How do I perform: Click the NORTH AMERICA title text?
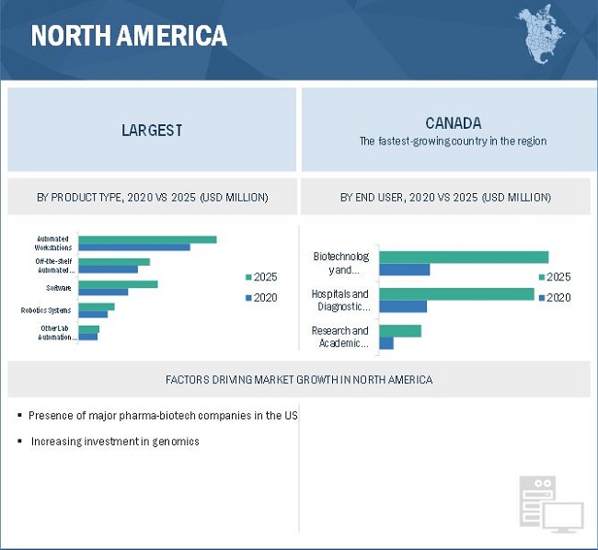click(129, 36)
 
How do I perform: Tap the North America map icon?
click(542, 34)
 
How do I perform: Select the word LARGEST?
click(152, 131)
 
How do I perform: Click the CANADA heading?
click(453, 123)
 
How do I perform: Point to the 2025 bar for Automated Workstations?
click(147, 239)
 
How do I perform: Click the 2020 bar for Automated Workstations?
click(134, 247)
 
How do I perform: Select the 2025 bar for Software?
click(118, 284)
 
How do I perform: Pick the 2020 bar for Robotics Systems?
click(93, 315)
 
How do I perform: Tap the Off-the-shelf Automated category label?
click(53, 266)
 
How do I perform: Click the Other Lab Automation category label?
click(53, 333)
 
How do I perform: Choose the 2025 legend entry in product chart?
click(260, 277)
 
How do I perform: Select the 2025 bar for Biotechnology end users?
click(464, 258)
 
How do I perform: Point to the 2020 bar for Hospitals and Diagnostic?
click(403, 306)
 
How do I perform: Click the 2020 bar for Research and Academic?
click(386, 343)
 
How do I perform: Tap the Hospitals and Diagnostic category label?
click(339, 300)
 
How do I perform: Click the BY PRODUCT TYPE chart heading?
click(153, 198)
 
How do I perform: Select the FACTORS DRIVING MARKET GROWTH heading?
click(299, 379)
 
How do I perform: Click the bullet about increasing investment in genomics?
click(115, 441)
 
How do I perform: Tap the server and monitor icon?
click(549, 504)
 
